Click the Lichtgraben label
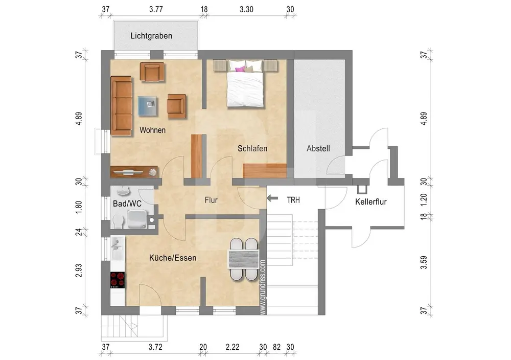151,36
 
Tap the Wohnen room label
152,130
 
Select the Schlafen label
252,148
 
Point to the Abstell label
318,148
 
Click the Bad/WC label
127,204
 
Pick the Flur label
211,200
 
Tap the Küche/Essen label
173,258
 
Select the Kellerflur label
371,201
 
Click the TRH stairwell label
293,200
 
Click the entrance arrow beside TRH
272,198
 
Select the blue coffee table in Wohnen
148,106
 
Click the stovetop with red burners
118,280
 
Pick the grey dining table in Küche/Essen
244,259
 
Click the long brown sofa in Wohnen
122,106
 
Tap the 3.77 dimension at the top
156,9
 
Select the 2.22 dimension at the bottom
233,347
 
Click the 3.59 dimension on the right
423,262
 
